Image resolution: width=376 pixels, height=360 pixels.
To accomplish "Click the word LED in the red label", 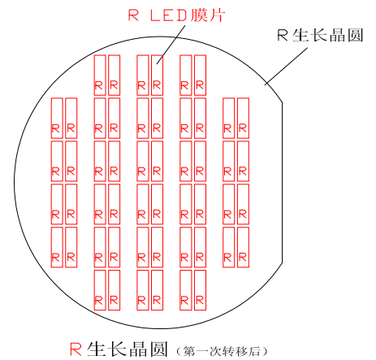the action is click(168, 15).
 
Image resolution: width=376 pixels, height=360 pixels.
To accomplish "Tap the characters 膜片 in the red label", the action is click(207, 15).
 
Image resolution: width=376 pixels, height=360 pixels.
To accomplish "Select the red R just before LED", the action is click(133, 15).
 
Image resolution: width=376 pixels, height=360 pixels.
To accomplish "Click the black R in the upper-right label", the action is click(283, 35).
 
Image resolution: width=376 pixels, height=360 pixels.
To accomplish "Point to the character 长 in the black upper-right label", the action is click(320, 35).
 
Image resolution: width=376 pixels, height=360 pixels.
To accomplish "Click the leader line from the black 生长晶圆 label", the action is click(286, 67).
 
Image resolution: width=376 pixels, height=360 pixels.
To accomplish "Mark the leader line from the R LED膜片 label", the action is click(171, 45).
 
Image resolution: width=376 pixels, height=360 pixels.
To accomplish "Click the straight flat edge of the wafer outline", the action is click(283, 183).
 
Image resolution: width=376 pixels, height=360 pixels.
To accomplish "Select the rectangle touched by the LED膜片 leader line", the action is click(157, 76).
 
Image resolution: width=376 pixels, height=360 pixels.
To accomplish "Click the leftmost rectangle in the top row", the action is click(100, 76).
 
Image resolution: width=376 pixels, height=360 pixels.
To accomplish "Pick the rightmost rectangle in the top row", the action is click(200, 76).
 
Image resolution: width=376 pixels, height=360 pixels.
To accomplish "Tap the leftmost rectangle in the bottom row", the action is click(100, 290).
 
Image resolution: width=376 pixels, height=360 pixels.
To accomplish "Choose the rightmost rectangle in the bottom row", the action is click(200, 290).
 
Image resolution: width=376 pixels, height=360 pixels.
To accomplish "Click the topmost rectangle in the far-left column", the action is click(57, 118).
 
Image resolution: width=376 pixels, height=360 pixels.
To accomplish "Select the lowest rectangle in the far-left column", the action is click(57, 247).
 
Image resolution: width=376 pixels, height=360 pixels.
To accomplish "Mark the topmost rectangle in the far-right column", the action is click(243, 118).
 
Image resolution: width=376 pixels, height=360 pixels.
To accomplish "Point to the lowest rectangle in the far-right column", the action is click(243, 247).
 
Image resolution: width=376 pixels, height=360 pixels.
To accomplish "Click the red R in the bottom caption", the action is click(76, 349).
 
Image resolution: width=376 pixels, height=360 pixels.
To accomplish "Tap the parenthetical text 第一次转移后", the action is click(222, 351).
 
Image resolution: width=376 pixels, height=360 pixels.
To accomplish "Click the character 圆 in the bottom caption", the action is click(158, 349).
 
